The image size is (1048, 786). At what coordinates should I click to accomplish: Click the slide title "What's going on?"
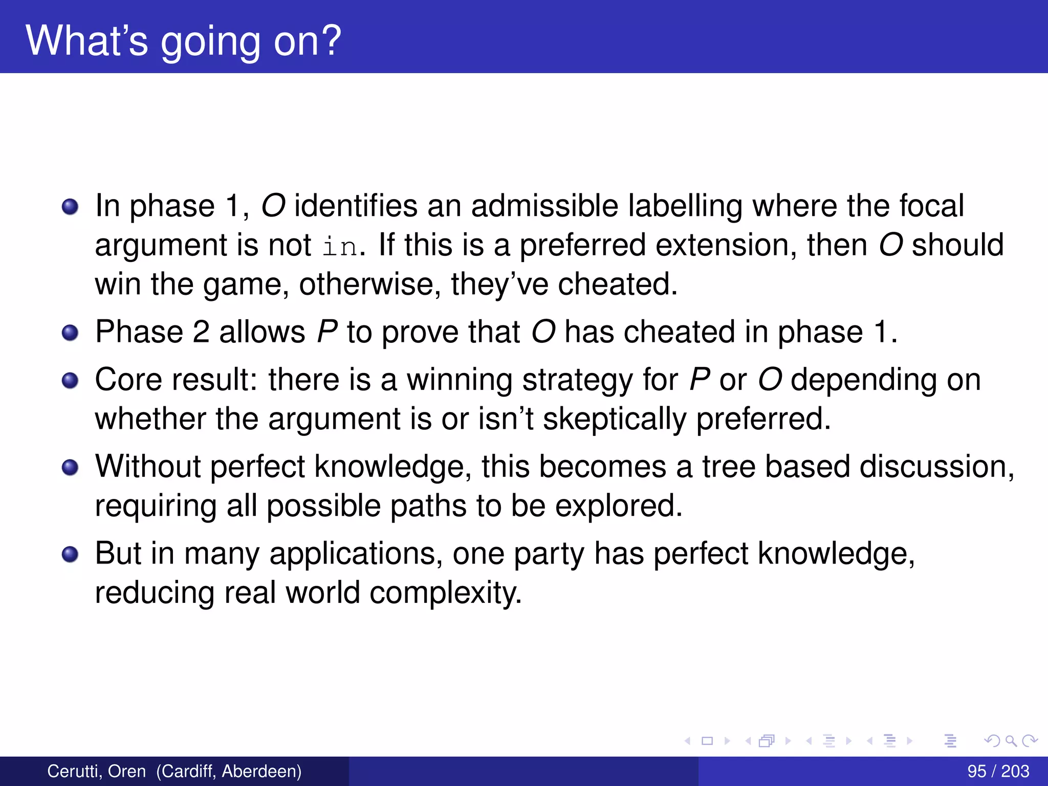point(183,41)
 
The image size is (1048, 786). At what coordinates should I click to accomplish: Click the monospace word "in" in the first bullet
point(340,247)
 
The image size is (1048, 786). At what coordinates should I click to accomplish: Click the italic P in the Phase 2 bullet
point(327,332)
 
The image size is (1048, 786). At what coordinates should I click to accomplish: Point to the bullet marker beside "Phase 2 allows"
point(70,333)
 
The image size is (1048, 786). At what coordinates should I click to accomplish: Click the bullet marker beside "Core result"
point(70,381)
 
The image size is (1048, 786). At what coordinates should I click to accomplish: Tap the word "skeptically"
point(614,419)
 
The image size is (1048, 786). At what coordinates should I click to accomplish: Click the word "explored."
point(619,506)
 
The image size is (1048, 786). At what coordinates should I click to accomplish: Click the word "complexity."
point(445,593)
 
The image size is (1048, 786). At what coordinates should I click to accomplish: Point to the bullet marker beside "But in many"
point(70,555)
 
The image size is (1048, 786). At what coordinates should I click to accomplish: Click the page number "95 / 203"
point(998,771)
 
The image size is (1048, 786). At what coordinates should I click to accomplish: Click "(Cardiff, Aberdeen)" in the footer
point(229,771)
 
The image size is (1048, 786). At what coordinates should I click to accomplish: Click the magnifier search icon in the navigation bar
point(1011,740)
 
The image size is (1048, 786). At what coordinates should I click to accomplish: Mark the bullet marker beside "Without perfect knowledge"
point(70,468)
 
